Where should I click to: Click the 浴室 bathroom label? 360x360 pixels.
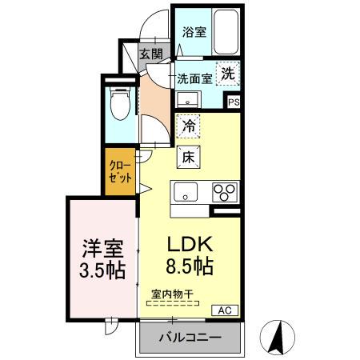[x=194, y=33]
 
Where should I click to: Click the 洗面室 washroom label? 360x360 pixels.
[x=194, y=78]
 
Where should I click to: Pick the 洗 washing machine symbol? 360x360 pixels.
[x=228, y=72]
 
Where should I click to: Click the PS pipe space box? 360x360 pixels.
[x=234, y=102]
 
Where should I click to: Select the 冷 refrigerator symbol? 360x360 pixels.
[x=189, y=126]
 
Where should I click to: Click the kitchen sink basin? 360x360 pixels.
[x=185, y=192]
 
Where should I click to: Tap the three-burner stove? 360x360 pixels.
[x=224, y=192]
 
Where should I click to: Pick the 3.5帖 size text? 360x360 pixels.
[x=102, y=270]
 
